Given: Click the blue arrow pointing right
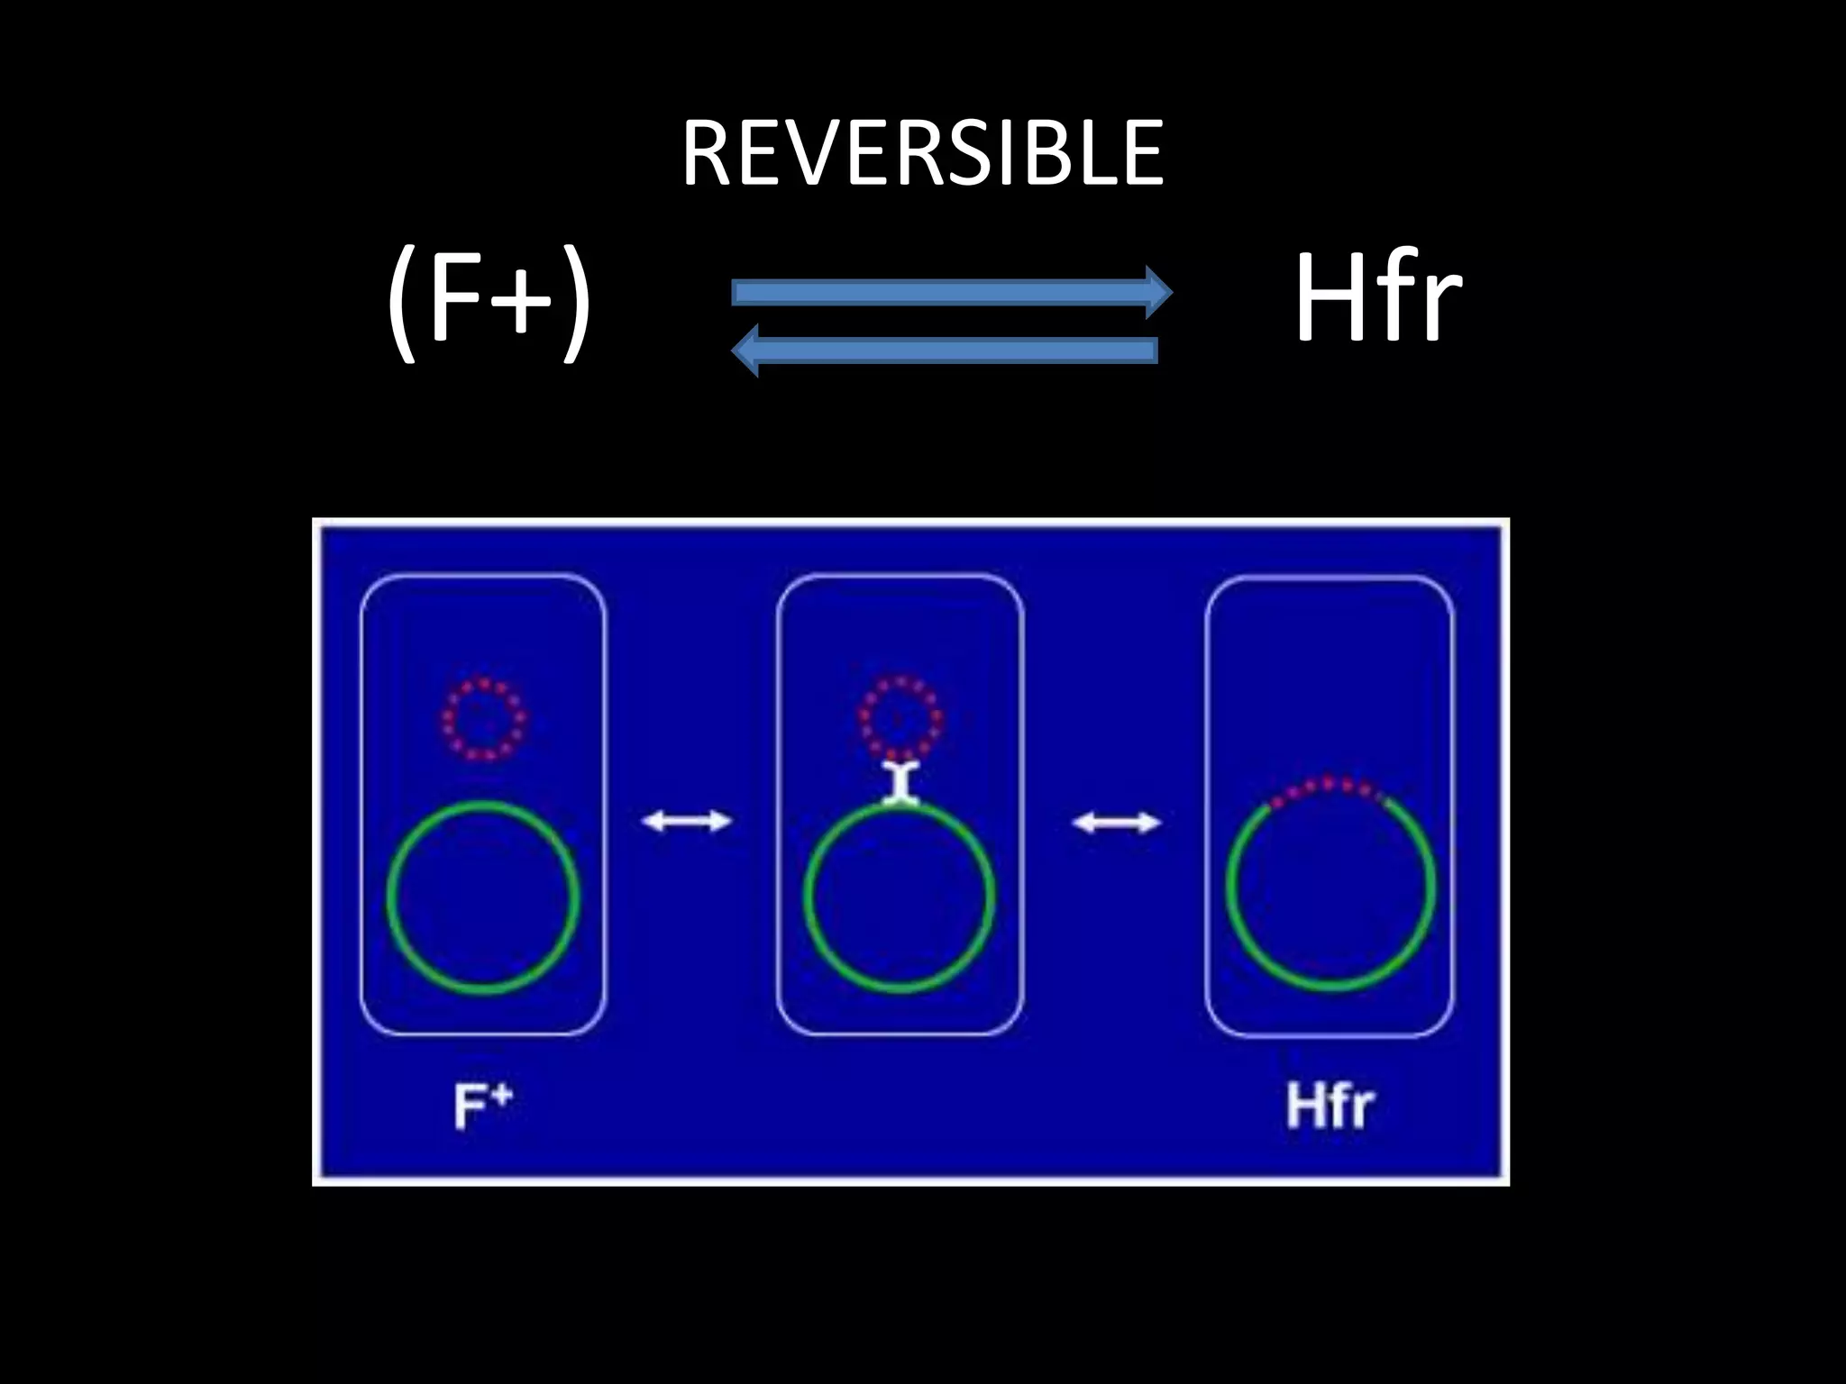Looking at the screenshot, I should point(946,292).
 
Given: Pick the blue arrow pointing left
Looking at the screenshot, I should point(946,351).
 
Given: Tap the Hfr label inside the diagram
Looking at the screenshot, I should point(1330,1106).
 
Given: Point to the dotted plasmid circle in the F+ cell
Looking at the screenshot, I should point(484,719).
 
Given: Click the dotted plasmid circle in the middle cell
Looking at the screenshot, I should point(900,717).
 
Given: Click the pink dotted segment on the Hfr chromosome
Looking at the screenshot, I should point(1327,788).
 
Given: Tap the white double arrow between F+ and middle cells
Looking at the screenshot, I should point(686,821).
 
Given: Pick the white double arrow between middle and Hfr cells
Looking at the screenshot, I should point(1116,822).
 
